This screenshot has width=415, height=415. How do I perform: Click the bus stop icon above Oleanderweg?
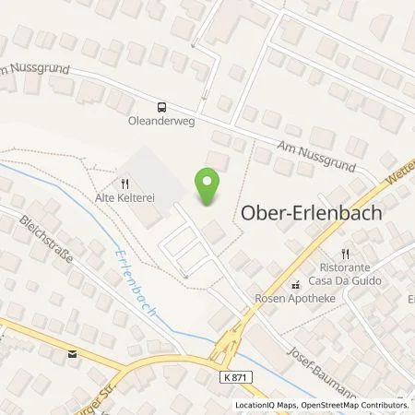point(161,106)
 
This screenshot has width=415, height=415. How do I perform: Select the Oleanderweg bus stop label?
point(161,119)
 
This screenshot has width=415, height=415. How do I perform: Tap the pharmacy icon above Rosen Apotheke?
point(296,284)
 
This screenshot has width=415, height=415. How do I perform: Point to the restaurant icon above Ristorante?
point(345,253)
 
